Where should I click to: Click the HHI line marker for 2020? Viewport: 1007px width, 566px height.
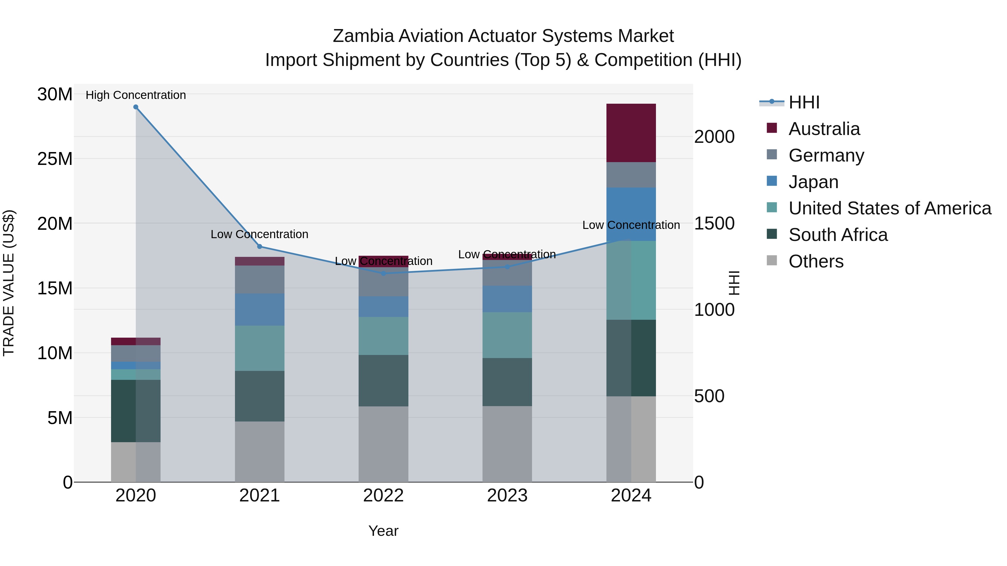click(136, 107)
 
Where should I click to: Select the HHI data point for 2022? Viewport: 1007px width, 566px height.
click(383, 273)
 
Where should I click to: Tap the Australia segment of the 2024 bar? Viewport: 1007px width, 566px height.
click(631, 133)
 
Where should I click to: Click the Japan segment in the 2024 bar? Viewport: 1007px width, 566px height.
click(631, 214)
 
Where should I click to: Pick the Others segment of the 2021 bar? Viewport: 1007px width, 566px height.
click(260, 452)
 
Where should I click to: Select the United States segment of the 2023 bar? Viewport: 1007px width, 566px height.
click(507, 335)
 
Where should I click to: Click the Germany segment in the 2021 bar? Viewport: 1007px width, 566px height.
click(260, 279)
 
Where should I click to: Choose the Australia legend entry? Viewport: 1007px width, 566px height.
click(824, 129)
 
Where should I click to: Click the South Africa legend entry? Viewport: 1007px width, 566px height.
click(838, 235)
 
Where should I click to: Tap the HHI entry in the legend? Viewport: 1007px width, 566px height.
click(804, 102)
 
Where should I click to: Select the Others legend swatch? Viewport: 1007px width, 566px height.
click(772, 260)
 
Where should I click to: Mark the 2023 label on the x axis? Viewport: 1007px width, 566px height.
click(507, 496)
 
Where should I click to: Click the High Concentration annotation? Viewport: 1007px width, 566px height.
click(136, 95)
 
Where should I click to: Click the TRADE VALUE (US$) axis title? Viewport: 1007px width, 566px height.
click(9, 283)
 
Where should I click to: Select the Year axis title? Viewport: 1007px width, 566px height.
click(383, 531)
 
